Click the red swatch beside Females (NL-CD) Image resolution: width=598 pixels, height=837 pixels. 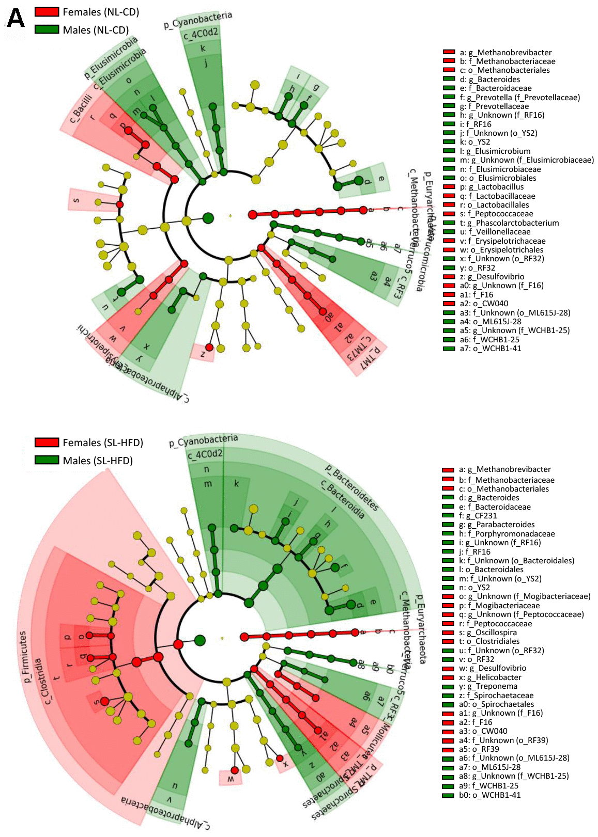click(x=47, y=12)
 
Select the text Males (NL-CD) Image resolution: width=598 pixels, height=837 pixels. click(x=96, y=30)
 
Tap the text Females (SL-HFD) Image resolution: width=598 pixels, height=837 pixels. click(x=103, y=443)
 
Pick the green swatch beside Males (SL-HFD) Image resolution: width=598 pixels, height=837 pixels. click(x=47, y=460)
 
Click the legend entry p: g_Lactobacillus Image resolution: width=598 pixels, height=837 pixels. click(x=492, y=187)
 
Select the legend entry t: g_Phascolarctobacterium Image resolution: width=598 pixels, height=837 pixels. click(x=509, y=223)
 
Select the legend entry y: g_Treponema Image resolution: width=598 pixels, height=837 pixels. click(x=488, y=686)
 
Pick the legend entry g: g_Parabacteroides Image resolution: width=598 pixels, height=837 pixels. click(x=497, y=525)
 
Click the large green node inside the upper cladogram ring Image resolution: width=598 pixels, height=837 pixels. click(x=208, y=218)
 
